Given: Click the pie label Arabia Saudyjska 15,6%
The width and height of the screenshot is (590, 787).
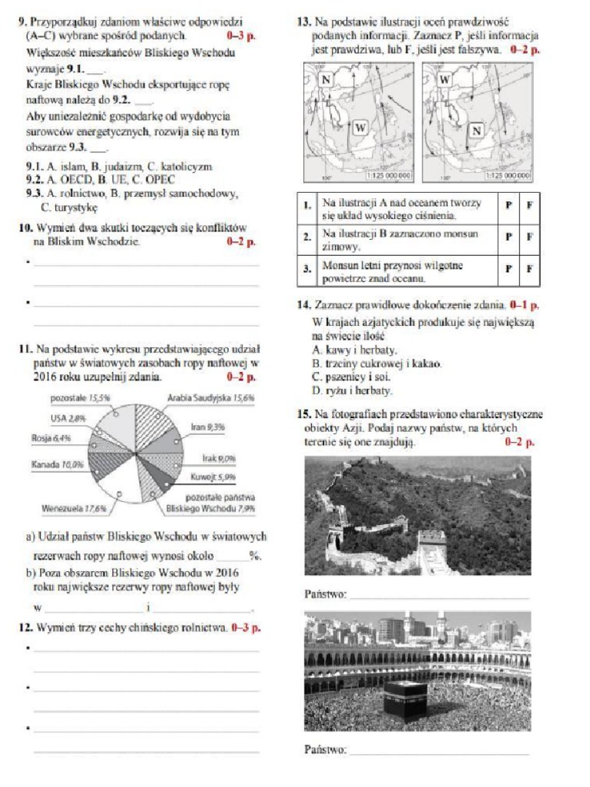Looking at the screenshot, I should (x=210, y=399).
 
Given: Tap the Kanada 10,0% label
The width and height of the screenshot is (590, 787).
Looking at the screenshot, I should (x=57, y=465).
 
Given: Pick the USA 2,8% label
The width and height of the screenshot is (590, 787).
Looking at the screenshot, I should (x=68, y=417).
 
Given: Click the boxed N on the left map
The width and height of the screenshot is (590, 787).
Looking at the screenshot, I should (x=326, y=80).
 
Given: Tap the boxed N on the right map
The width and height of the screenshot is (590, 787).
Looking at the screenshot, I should (x=476, y=131).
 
